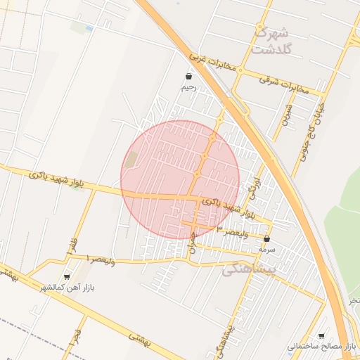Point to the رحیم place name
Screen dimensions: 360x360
coord(188,87)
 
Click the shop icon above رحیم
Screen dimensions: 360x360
coord(188,77)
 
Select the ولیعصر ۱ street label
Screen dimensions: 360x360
coord(100,259)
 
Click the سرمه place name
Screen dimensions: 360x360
coord(266,249)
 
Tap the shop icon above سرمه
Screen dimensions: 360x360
coord(266,239)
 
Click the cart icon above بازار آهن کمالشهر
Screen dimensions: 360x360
coord(67,277)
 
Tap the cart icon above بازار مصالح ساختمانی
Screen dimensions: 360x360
coord(321,336)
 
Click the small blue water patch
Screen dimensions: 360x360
coord(89,28)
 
